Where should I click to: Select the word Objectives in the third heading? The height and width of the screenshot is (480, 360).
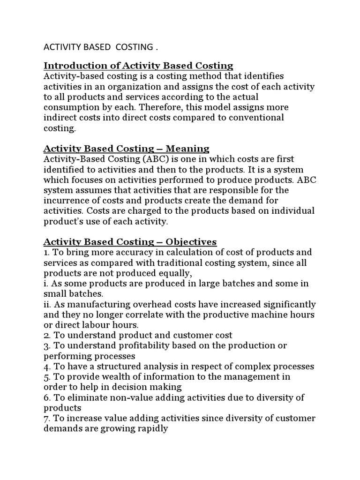(191, 242)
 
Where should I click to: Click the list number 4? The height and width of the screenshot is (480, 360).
(46, 366)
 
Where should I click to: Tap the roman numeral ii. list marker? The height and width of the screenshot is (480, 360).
(47, 304)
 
